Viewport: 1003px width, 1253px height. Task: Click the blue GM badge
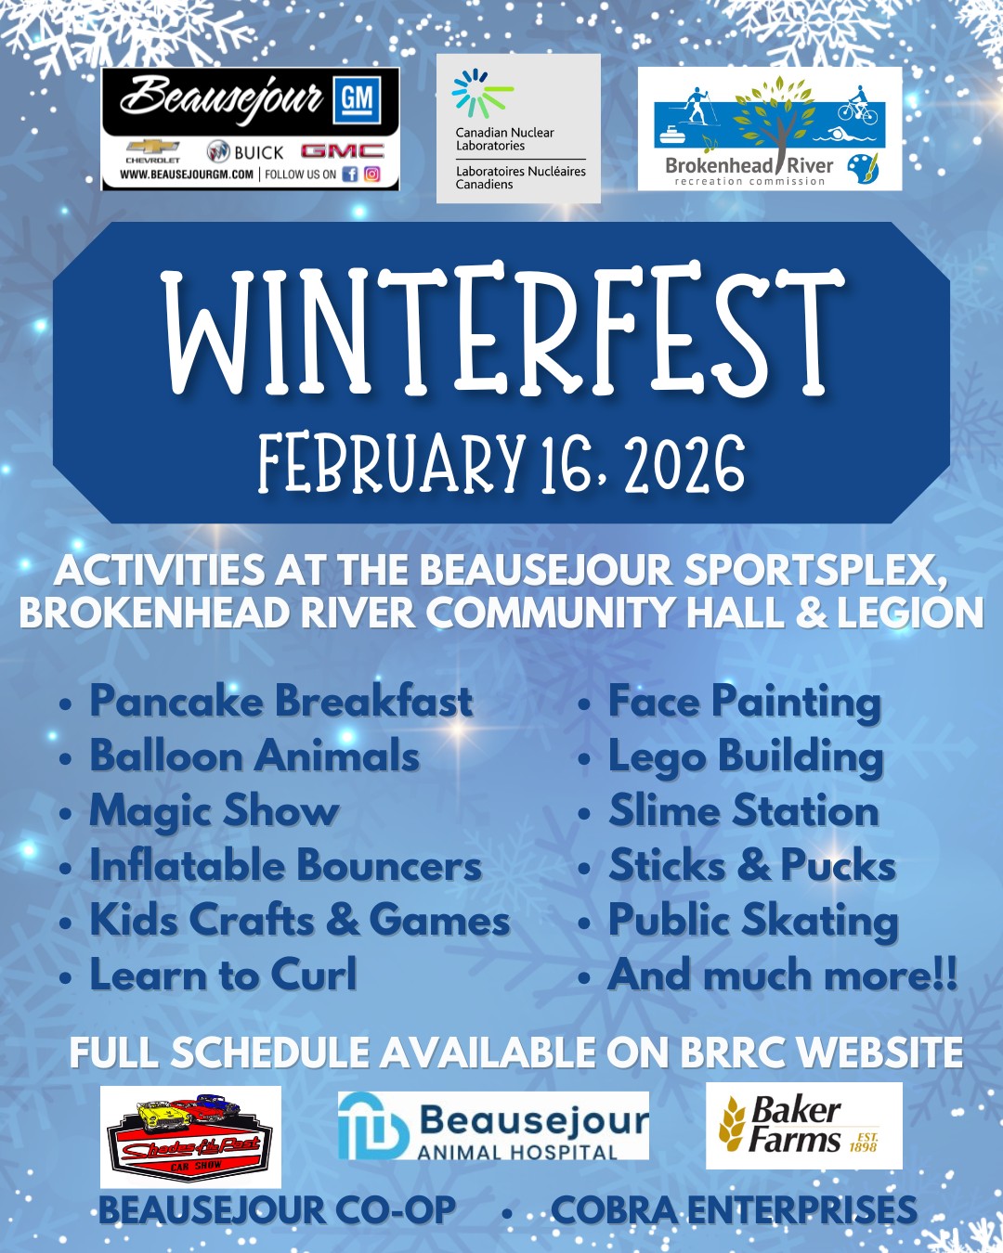coord(357,99)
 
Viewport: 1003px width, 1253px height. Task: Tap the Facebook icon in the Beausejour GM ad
coord(350,174)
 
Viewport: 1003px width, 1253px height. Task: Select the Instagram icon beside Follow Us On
coord(371,174)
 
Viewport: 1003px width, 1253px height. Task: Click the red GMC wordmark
coord(343,152)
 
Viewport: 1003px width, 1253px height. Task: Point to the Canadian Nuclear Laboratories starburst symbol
coord(479,93)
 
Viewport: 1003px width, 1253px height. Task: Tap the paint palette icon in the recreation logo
coord(863,168)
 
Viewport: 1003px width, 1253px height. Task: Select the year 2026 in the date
coord(684,465)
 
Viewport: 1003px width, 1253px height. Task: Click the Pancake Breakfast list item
coord(280,701)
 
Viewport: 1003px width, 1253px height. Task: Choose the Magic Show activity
coord(214,811)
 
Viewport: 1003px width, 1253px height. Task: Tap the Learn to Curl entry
coord(223,975)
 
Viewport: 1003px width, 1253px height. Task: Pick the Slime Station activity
coord(744,810)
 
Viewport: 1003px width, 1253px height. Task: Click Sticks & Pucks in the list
coord(752,865)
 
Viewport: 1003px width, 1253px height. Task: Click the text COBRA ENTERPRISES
coord(735,1210)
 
